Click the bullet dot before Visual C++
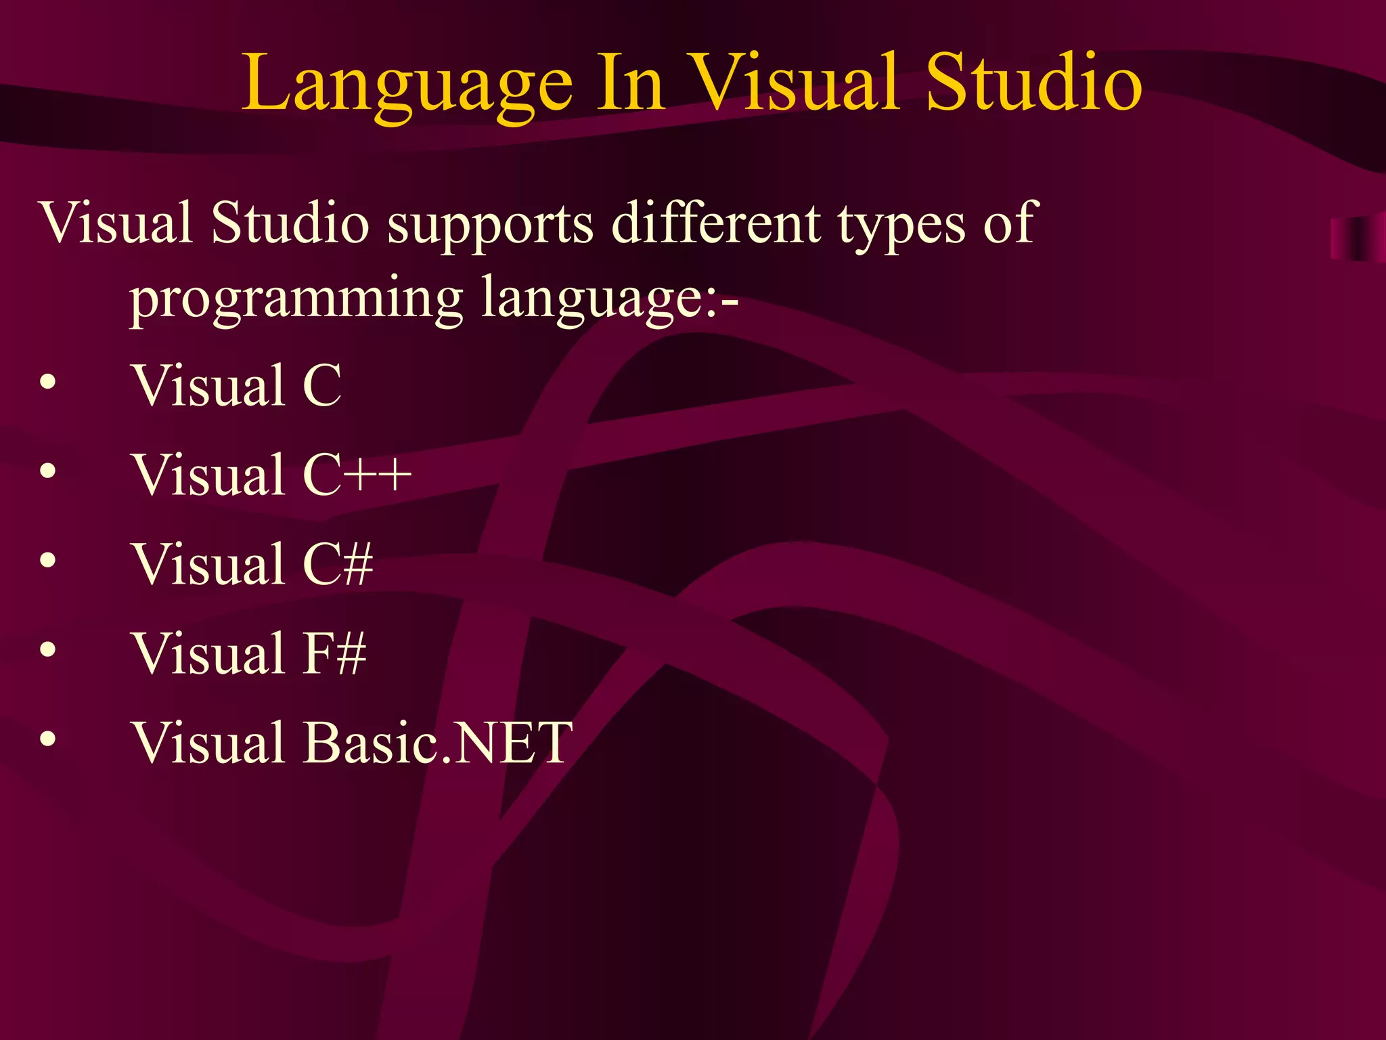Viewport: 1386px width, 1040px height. point(47,471)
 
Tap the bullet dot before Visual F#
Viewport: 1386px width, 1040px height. point(47,649)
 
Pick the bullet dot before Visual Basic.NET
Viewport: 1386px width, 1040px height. point(47,739)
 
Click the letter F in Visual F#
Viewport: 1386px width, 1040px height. point(317,653)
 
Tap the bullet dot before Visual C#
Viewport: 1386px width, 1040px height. point(47,560)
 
